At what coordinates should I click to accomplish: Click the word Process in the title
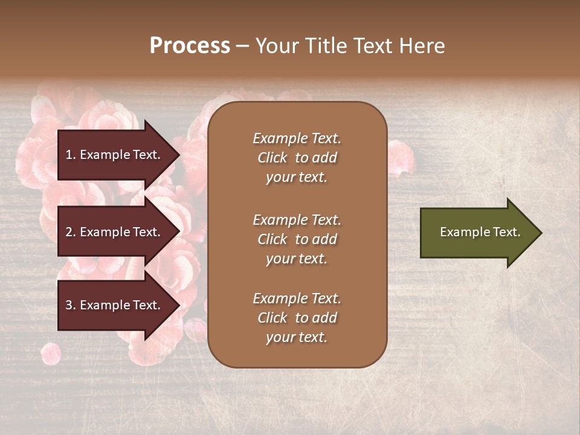[x=190, y=46]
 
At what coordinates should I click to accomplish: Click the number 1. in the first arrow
[x=71, y=155]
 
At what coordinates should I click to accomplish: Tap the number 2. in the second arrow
[x=71, y=232]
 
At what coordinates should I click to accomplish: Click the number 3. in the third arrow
[x=71, y=305]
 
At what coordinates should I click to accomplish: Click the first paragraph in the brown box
[x=297, y=158]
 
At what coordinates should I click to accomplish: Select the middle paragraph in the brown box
[x=297, y=239]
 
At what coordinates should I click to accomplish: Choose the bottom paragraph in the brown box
[x=297, y=318]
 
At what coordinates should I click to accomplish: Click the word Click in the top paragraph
[x=272, y=158]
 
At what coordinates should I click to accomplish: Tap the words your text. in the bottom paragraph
[x=297, y=337]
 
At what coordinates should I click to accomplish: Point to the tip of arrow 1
[x=178, y=155]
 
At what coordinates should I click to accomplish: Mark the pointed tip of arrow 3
[x=178, y=305]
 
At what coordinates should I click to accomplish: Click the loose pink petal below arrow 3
[x=51, y=353]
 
